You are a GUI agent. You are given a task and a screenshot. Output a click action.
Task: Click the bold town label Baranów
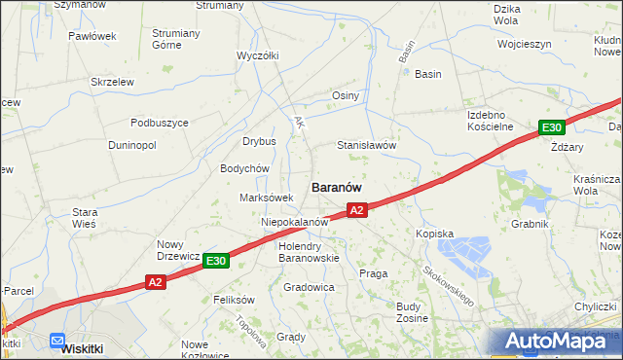(x=337, y=186)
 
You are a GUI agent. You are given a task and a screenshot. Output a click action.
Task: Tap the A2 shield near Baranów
(x=356, y=210)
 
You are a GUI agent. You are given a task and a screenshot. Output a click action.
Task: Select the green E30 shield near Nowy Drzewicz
(x=216, y=261)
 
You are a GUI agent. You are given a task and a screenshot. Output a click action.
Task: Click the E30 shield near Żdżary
(x=552, y=127)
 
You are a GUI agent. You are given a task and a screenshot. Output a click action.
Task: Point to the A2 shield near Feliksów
(x=156, y=282)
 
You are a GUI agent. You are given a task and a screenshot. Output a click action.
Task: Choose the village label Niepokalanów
(x=293, y=222)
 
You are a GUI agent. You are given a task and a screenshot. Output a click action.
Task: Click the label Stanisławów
(x=366, y=145)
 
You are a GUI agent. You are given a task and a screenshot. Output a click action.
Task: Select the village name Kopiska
(x=435, y=234)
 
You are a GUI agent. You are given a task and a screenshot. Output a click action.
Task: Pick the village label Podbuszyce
(x=160, y=123)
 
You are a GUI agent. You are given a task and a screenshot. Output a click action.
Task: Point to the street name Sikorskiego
(x=449, y=283)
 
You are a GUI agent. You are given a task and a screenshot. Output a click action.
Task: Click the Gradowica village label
(x=309, y=288)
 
